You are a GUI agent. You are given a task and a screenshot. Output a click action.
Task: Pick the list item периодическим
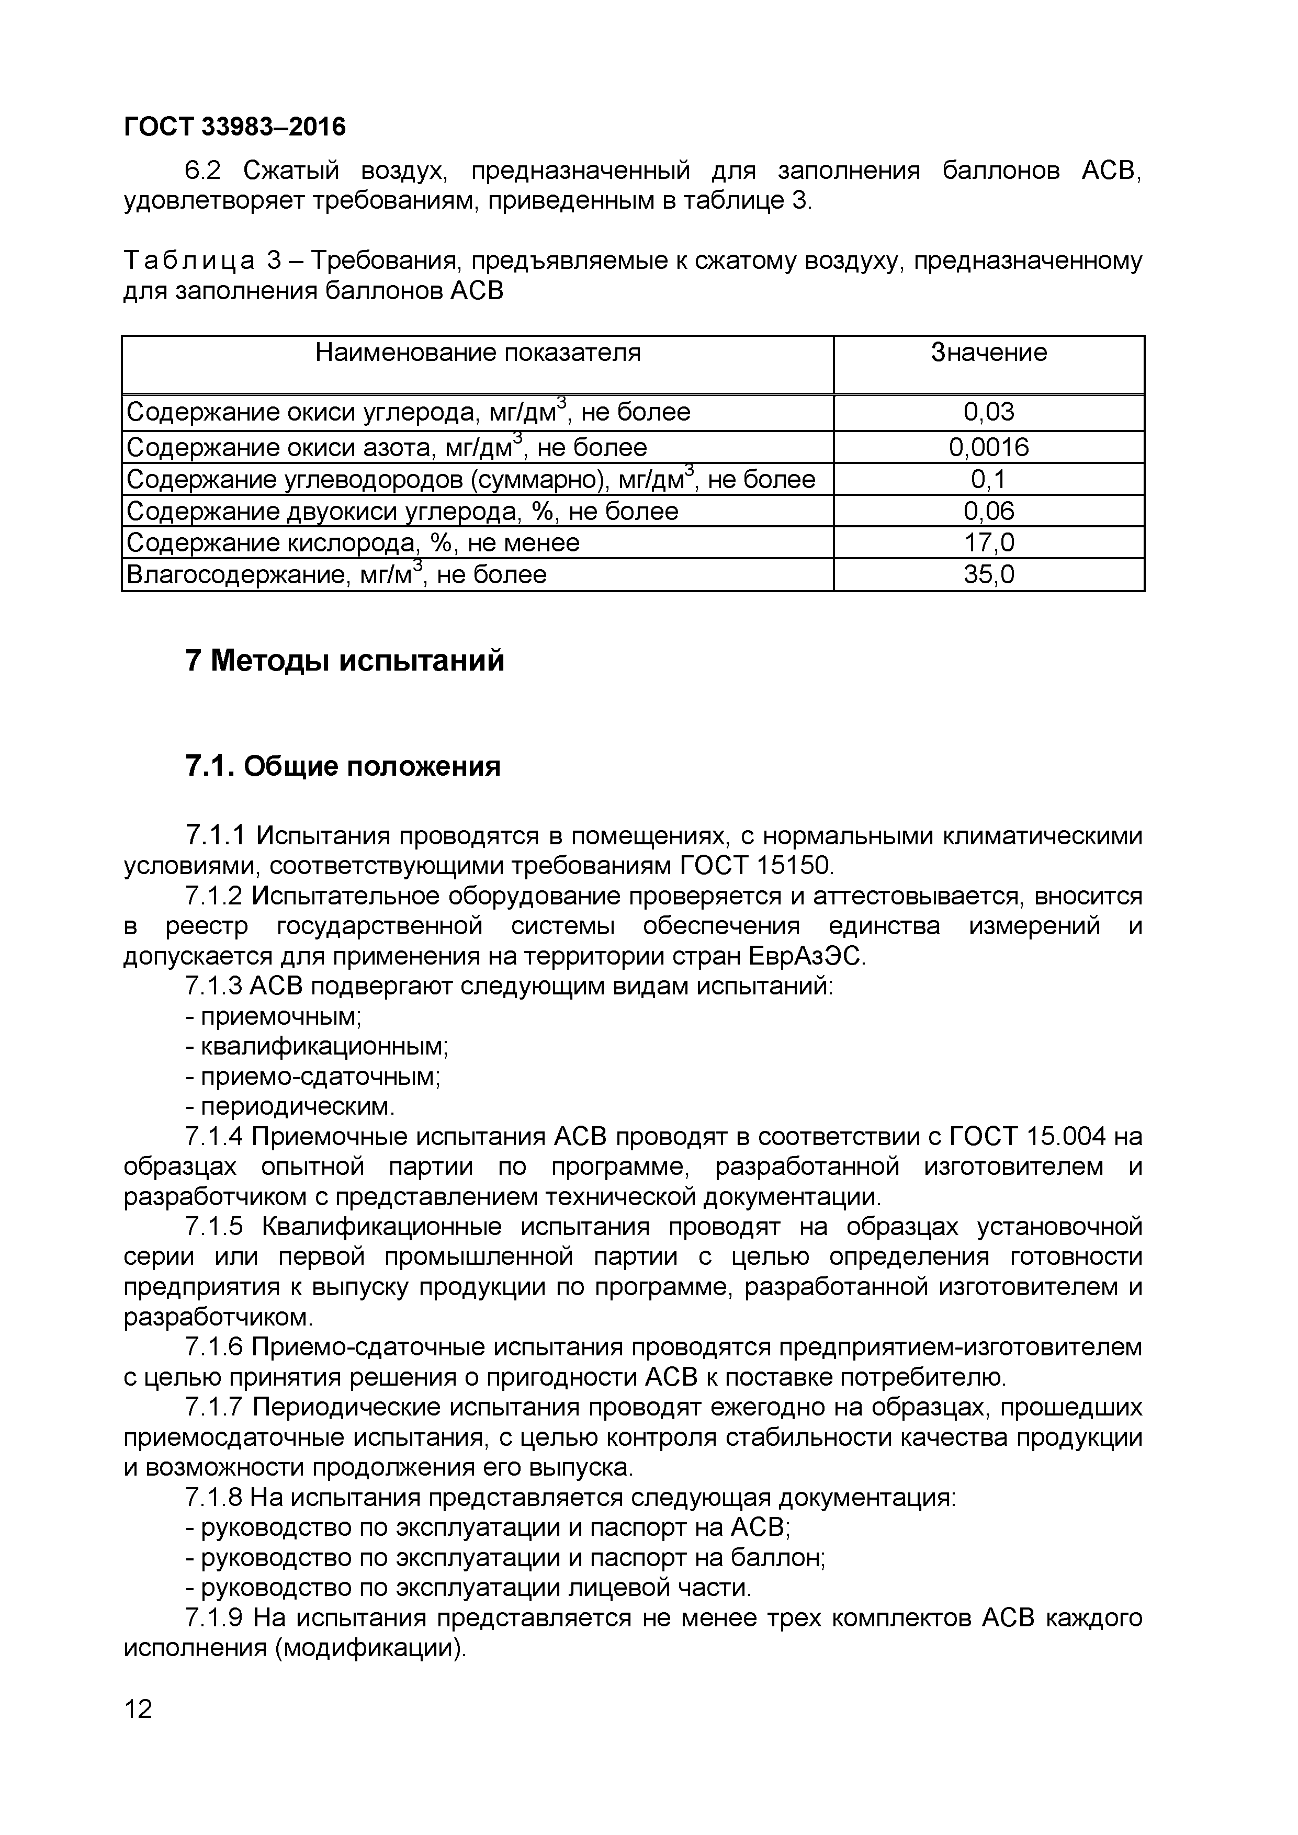click(x=297, y=1107)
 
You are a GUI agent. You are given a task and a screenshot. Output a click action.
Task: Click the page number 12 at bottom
click(x=138, y=1709)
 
